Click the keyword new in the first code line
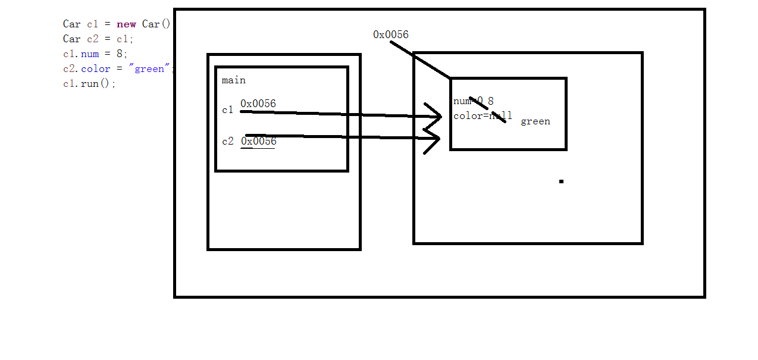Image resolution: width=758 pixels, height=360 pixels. coord(126,24)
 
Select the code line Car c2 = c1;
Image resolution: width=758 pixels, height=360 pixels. coord(98,39)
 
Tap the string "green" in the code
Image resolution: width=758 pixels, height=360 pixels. coord(149,69)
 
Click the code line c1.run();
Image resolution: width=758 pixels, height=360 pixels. coord(89,84)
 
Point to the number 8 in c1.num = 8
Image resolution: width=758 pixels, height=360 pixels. coord(120,54)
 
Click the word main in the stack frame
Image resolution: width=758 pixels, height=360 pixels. coord(233,80)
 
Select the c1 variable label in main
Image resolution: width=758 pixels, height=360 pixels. coord(227,110)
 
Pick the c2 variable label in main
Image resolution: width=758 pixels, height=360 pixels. coord(227,142)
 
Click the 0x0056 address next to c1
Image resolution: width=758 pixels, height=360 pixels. coord(258,104)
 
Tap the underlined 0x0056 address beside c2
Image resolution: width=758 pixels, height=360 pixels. coord(258,142)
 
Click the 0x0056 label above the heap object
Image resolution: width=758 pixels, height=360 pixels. coord(391,35)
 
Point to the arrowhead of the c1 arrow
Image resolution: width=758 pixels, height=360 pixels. coord(437,116)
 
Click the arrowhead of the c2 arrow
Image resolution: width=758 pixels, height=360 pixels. coord(436,139)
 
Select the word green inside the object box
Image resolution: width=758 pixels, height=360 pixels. coord(535,121)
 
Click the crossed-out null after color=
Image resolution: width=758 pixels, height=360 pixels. coord(500,116)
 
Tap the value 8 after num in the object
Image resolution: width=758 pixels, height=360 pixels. coord(490,101)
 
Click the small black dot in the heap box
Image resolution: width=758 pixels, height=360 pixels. coord(561,181)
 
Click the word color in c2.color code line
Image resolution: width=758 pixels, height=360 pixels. coord(95,69)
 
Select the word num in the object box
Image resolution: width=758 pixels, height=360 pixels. coord(461,101)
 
